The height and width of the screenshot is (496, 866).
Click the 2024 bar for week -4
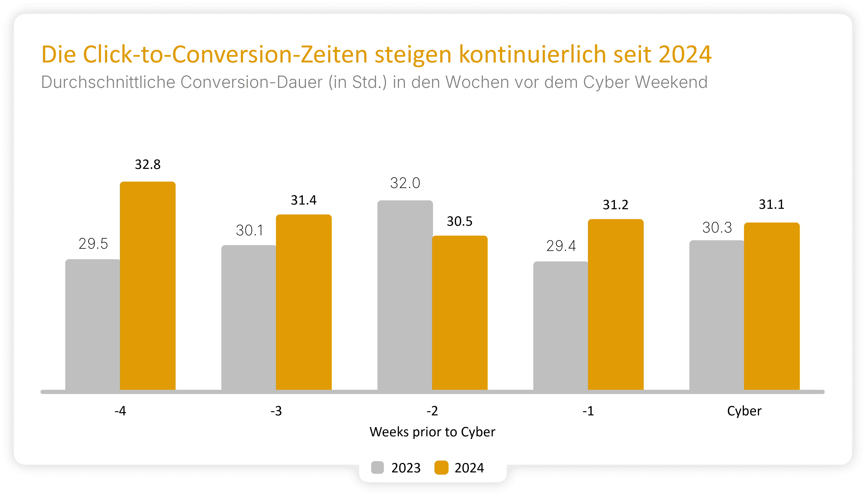click(148, 286)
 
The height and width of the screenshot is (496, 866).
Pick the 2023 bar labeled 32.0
click(405, 295)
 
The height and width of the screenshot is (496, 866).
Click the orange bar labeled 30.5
click(460, 313)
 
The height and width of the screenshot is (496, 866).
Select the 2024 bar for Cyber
click(772, 306)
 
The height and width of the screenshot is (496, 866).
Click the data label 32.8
click(148, 164)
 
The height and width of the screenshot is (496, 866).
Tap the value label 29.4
click(561, 246)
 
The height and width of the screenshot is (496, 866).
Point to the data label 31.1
click(772, 204)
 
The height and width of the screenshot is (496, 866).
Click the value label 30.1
click(250, 231)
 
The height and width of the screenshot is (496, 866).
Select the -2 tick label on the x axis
click(432, 411)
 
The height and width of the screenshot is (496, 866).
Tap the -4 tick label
click(120, 411)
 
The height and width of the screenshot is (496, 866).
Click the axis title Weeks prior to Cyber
click(432, 432)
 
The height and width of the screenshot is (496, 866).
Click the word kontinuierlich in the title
click(532, 54)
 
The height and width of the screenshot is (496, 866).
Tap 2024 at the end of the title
click(685, 54)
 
